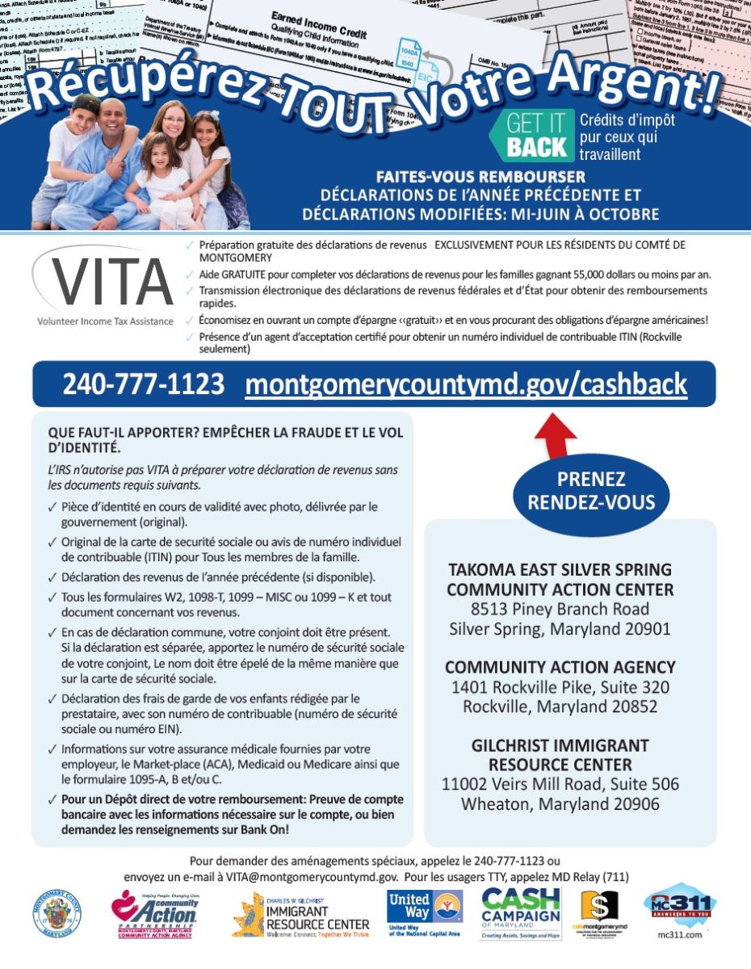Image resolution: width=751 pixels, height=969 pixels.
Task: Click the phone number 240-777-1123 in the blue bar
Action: tap(144, 384)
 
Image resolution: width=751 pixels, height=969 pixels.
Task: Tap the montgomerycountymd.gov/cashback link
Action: tap(466, 384)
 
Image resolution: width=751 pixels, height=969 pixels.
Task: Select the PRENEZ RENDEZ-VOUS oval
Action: tap(591, 490)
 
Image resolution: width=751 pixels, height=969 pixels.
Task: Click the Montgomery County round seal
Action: tap(57, 913)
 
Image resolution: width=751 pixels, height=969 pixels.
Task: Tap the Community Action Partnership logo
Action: tap(154, 913)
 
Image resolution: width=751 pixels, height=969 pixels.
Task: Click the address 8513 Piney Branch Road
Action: tap(560, 609)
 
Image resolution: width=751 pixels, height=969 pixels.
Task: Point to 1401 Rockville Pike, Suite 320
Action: tap(560, 687)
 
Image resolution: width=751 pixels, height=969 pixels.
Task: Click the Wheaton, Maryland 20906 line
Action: tap(560, 803)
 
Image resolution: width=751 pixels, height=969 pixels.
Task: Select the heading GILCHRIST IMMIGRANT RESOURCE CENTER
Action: tap(560, 754)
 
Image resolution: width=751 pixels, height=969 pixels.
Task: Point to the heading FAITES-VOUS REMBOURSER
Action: tap(480, 177)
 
